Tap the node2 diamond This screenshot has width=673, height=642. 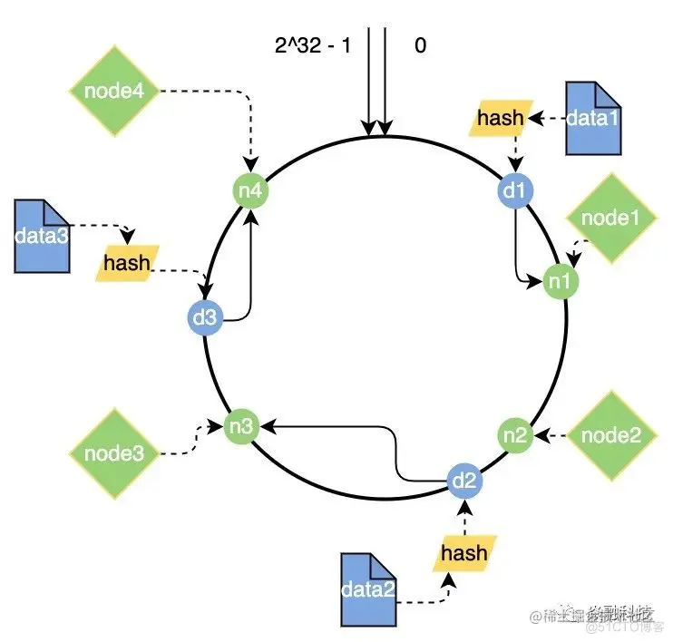[x=610, y=435]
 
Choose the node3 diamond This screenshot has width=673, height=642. [x=113, y=451]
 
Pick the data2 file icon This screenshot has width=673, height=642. [x=367, y=590]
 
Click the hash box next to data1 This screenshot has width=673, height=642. [x=501, y=117]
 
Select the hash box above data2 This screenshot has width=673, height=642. [x=463, y=553]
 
